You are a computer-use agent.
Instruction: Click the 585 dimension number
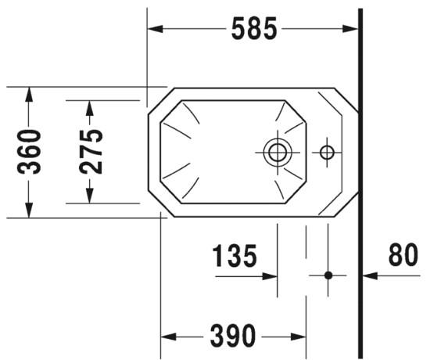(254, 28)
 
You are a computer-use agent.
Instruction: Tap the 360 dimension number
(29, 152)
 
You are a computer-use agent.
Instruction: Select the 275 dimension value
(91, 152)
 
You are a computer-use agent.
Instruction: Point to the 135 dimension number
(235, 256)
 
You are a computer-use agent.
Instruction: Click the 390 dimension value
(233, 336)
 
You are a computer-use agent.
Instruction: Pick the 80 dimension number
(403, 254)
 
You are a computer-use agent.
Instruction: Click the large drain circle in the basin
(278, 152)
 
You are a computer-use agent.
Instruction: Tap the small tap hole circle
(327, 153)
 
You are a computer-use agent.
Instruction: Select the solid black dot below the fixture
(328, 275)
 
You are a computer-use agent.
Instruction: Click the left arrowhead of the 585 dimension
(155, 28)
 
